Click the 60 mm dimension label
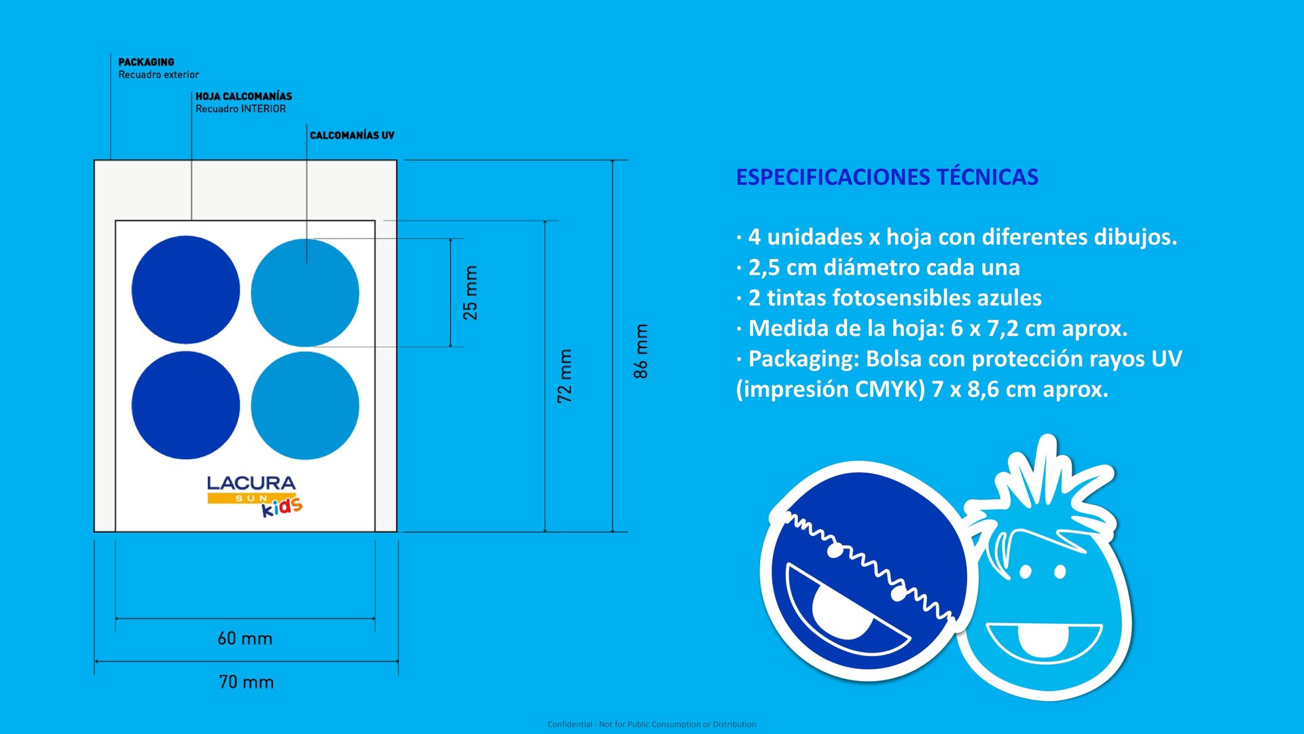244,639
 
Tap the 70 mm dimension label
246,682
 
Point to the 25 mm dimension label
470,293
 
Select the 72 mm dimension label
564,376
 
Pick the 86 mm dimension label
640,351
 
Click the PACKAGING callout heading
146,62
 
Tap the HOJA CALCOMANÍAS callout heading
243,97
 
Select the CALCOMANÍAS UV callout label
352,135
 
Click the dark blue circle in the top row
185,290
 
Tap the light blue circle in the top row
305,293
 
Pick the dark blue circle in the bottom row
185,405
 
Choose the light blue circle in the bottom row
305,406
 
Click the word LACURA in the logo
251,483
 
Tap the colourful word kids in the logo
283,507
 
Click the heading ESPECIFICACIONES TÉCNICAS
887,177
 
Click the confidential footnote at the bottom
651,724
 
